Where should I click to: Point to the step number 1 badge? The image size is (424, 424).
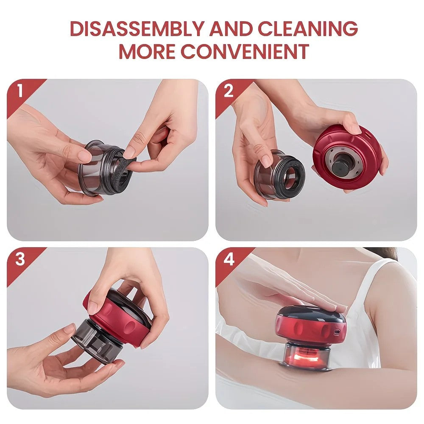[x=19, y=91]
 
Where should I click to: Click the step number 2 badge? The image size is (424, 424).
[x=229, y=91]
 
